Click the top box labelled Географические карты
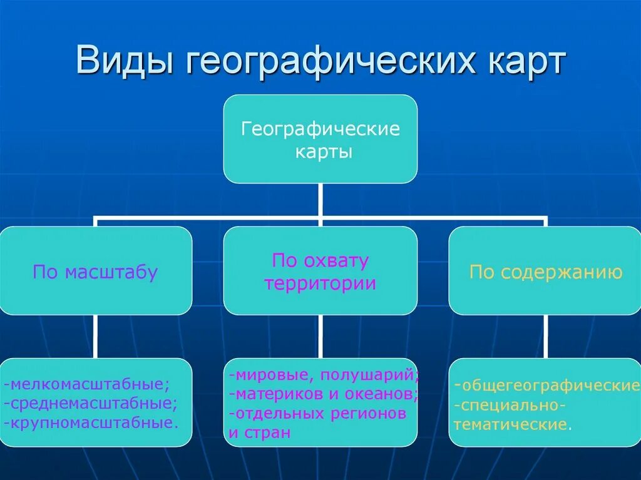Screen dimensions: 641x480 [x=320, y=139]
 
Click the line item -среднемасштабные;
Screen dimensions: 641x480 [x=91, y=402]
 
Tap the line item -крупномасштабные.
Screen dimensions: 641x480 [x=91, y=422]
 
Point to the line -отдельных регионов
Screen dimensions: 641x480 [x=317, y=414]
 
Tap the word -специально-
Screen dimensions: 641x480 [x=510, y=406]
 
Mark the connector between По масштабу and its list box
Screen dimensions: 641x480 [x=95, y=336]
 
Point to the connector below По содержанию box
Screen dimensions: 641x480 [x=546, y=336]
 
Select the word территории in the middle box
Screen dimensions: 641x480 [x=320, y=283]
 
